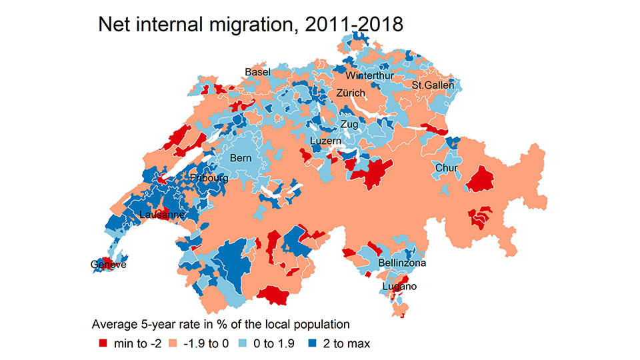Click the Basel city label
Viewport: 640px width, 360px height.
[257, 71]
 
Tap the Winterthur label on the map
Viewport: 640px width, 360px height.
[369, 75]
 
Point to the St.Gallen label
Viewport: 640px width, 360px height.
[433, 85]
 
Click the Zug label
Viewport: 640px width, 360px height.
[349, 125]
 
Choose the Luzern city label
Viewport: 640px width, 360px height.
[326, 141]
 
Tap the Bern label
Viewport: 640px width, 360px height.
[241, 159]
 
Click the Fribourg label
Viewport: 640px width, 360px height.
[209, 179]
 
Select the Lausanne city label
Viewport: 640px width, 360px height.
[162, 215]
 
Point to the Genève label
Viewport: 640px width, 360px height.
[108, 265]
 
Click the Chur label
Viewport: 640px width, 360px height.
[446, 168]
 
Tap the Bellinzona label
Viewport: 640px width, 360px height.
[402, 263]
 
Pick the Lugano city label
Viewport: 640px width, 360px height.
[399, 287]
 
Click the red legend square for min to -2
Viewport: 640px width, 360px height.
[103, 344]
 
